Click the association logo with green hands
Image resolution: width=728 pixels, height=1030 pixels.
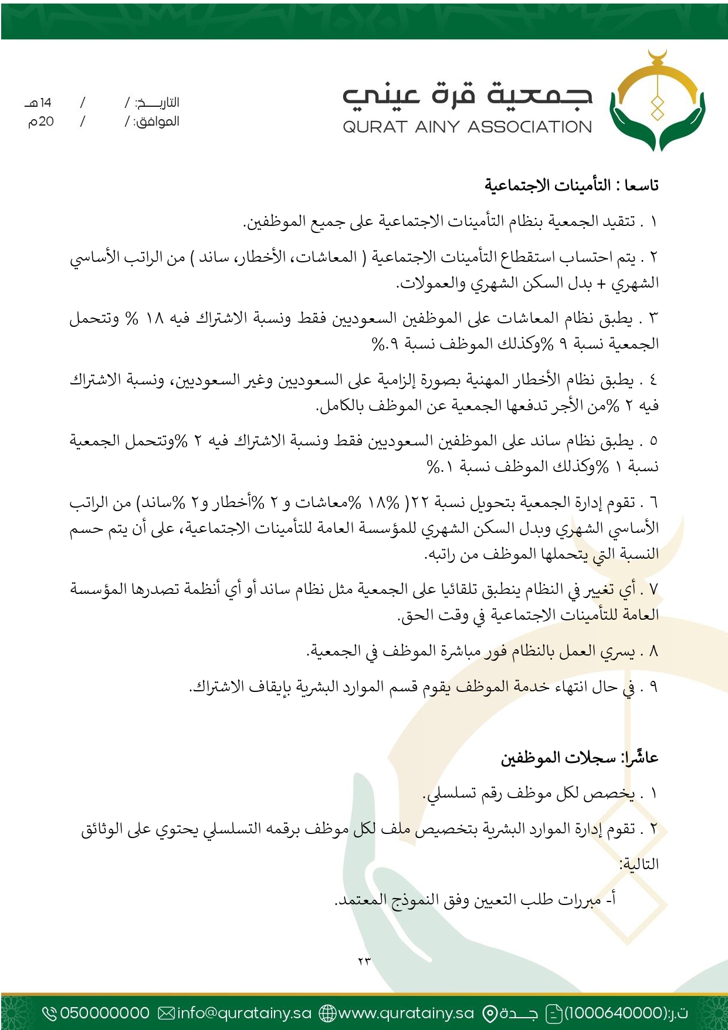(657, 101)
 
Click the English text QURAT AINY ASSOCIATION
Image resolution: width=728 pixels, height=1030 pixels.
(467, 127)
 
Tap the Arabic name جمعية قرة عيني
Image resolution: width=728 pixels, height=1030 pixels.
(467, 96)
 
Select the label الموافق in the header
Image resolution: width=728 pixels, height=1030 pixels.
(157, 121)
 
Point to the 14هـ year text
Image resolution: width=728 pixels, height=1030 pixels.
(39, 103)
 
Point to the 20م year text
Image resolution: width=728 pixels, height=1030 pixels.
(41, 121)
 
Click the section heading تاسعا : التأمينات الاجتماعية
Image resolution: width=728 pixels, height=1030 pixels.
(571, 185)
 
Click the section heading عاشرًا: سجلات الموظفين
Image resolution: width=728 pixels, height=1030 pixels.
(580, 758)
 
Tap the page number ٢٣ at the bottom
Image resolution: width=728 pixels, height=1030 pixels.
(364, 961)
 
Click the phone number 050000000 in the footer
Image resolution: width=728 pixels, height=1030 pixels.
(104, 1013)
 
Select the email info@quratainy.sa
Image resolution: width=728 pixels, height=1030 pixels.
(244, 1013)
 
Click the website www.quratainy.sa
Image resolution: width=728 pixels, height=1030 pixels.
(406, 1013)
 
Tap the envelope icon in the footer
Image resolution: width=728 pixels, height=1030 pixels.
(167, 1013)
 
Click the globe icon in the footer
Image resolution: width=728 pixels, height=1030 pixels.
(327, 1013)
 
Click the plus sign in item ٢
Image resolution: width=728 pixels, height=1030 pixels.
(601, 284)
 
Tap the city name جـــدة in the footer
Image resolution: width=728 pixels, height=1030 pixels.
(518, 1013)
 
